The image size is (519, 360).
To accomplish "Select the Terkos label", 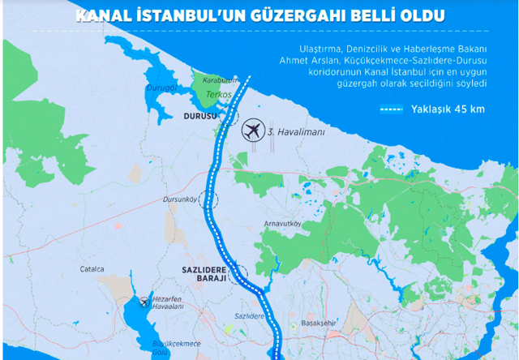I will click(218, 95).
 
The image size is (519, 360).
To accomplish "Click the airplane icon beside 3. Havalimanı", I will click(252, 128).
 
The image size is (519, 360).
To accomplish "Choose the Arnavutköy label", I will click(283, 223).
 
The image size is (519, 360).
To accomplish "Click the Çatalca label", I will click(92, 268).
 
